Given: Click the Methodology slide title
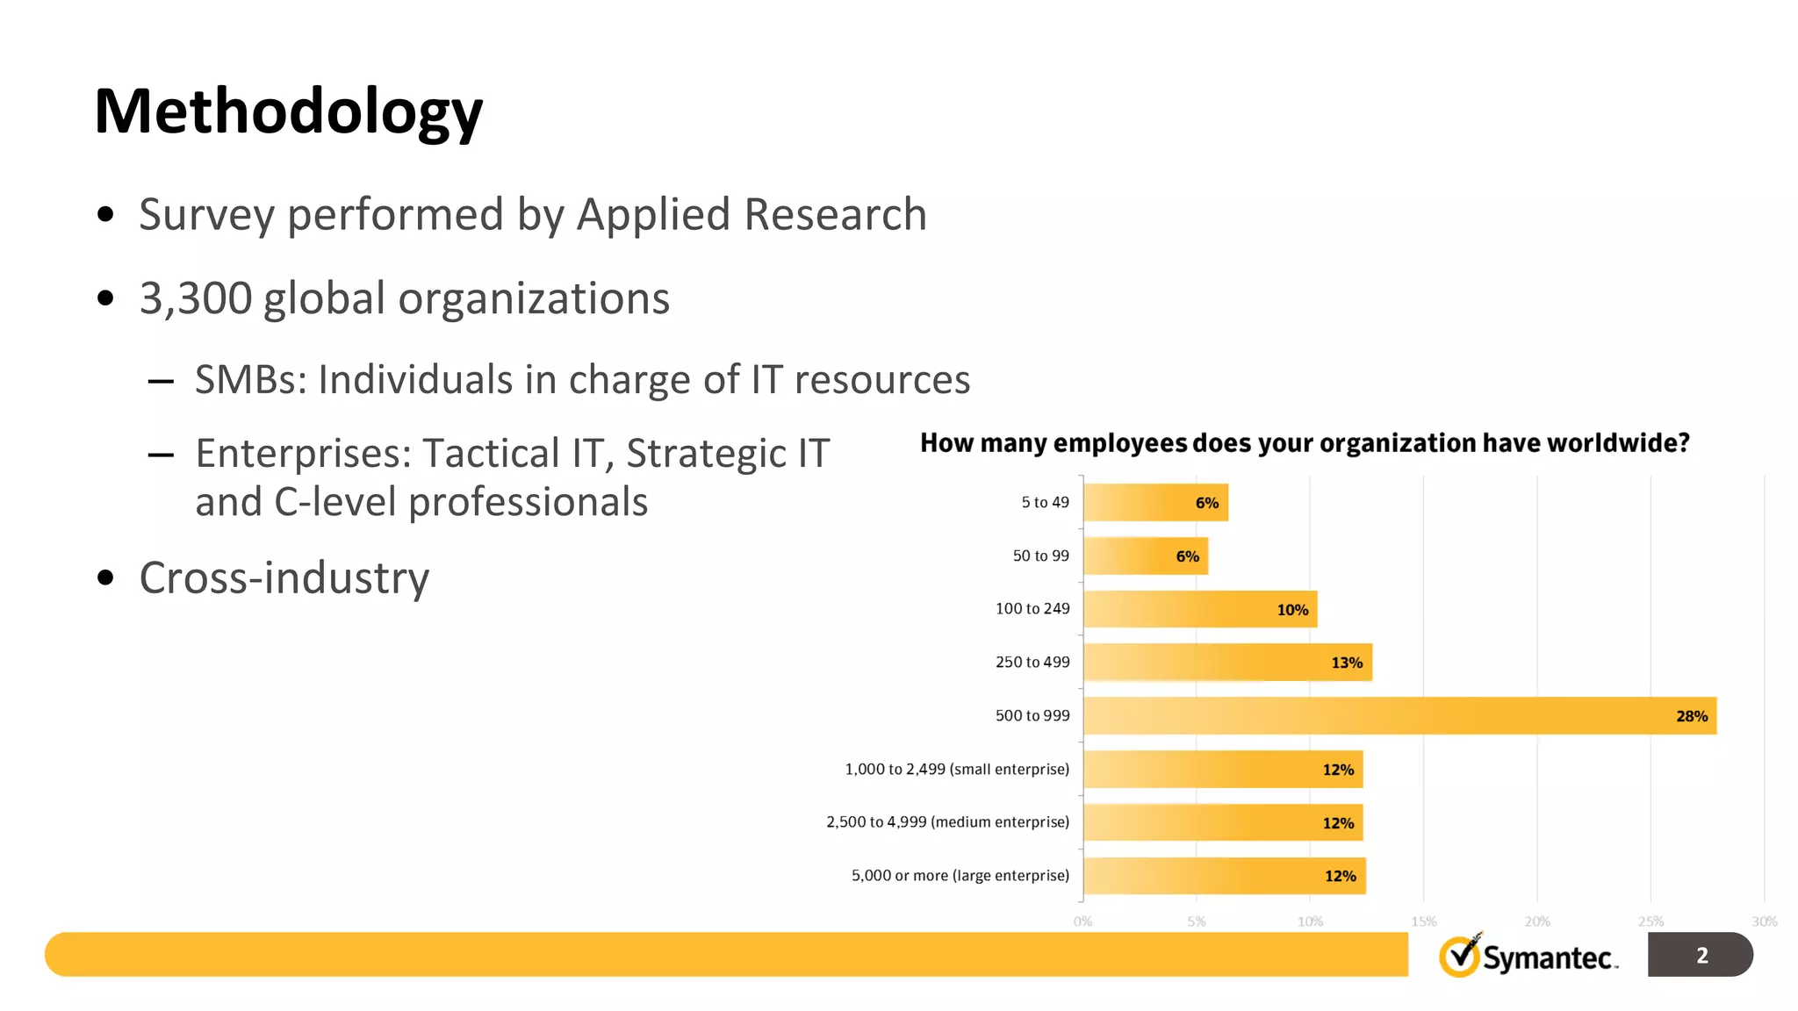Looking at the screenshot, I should pyautogui.click(x=288, y=112).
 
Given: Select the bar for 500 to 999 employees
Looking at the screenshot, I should pyautogui.click(x=1399, y=716).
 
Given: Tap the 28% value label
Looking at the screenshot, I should pyautogui.click(x=1691, y=716).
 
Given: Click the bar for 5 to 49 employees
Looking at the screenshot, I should pyautogui.click(x=1154, y=503).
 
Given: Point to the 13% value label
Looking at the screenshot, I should pyautogui.click(x=1346, y=663).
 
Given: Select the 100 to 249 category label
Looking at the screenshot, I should pyautogui.click(x=1032, y=609).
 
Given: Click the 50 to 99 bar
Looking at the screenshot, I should pyautogui.click(x=1145, y=556).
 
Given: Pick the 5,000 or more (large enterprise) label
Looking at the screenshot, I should pyautogui.click(x=960, y=876).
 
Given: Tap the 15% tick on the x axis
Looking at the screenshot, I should pyautogui.click(x=1423, y=921).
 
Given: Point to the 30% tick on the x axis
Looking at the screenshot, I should pyautogui.click(x=1764, y=921).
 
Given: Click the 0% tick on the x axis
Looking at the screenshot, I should pyautogui.click(x=1082, y=921).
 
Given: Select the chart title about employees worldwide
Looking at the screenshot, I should pyautogui.click(x=1305, y=443).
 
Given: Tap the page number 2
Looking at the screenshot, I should pyautogui.click(x=1701, y=955).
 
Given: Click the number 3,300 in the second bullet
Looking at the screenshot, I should pyautogui.click(x=196, y=299).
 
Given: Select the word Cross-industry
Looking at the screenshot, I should pyautogui.click(x=284, y=578).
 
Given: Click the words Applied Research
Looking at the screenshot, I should pyautogui.click(x=752, y=215).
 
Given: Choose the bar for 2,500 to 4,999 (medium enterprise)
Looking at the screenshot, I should pyautogui.click(x=1223, y=822).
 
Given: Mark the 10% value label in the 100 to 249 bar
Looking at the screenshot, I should pyautogui.click(x=1291, y=610).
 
